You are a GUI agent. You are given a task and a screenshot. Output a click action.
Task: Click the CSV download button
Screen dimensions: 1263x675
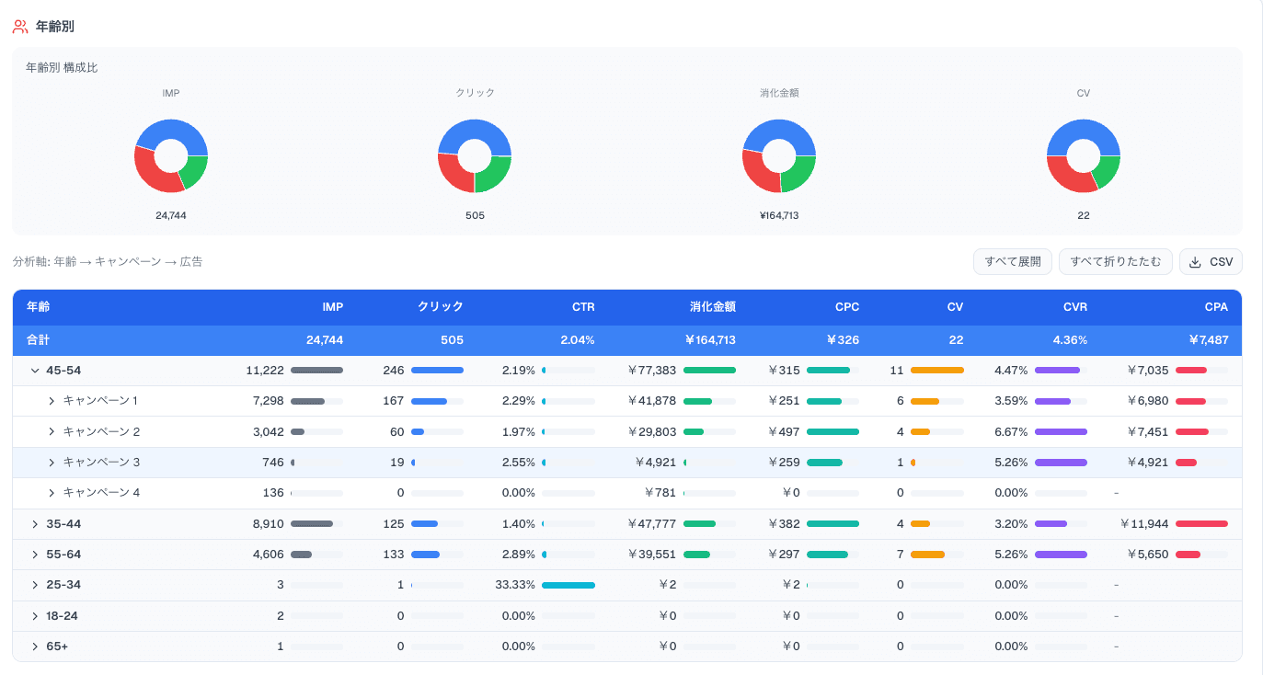[1211, 262]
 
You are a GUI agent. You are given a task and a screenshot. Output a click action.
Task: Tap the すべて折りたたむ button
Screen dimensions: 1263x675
[1115, 262]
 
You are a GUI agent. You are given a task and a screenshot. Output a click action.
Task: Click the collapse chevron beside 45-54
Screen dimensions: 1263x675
[35, 371]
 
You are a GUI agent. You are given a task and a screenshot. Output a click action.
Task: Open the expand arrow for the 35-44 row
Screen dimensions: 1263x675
[35, 524]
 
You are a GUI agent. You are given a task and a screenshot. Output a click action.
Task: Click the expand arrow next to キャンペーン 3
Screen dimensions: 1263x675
[52, 463]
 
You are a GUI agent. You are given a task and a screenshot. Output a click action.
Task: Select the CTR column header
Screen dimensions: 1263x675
[583, 307]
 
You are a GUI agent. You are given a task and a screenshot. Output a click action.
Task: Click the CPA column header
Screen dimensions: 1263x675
[1216, 307]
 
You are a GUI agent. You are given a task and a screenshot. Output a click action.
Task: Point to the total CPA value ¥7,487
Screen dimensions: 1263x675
[1209, 339]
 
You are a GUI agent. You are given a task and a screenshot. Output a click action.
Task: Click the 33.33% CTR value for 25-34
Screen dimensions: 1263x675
[515, 585]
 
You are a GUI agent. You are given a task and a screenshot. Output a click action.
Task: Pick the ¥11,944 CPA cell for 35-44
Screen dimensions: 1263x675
[1144, 524]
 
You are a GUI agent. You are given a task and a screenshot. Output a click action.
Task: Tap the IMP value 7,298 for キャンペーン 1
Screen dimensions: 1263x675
[268, 400]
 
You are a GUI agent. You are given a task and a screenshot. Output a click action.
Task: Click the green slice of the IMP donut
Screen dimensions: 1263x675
[195, 171]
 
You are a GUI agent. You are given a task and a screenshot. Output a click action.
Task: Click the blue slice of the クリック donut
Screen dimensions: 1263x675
[475, 131]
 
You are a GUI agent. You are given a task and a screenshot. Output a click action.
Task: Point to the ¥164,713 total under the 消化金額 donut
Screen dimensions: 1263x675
[778, 215]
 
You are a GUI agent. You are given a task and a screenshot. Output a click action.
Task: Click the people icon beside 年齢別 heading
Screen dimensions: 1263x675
[20, 27]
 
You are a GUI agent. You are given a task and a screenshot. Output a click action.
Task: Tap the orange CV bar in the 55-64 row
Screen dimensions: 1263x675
[927, 555]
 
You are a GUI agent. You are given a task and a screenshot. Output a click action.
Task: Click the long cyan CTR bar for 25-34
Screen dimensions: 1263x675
[568, 585]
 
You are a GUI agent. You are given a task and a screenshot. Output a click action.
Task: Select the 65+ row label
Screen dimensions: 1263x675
[57, 646]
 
